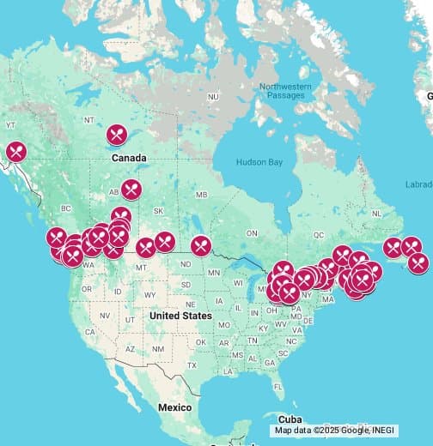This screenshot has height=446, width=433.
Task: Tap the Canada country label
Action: (129, 158)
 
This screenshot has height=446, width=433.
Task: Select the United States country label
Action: (180, 316)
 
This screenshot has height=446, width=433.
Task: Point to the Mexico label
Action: (174, 407)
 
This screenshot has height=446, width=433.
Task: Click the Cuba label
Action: (241, 420)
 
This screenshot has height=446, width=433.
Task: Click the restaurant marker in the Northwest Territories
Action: (118, 134)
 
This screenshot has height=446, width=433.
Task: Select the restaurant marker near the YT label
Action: (15, 152)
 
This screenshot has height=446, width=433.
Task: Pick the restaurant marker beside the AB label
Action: (131, 189)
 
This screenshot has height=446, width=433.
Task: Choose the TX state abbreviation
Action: (192, 365)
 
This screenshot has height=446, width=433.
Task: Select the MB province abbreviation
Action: (201, 196)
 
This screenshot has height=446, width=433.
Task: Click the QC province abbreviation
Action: (319, 234)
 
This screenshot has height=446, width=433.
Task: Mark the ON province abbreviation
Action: (252, 233)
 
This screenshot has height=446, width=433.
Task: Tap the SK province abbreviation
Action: (157, 211)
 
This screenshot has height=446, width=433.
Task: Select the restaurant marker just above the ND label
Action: (200, 245)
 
